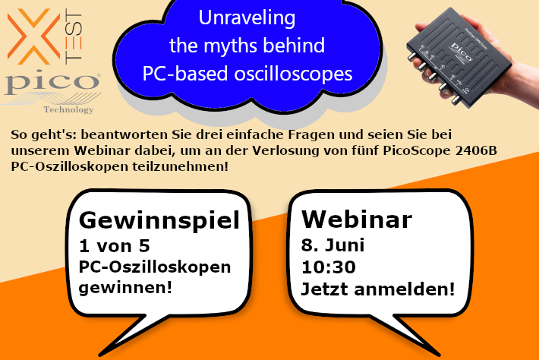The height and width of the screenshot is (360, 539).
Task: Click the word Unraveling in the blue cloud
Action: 247,18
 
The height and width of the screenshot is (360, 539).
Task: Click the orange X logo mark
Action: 33,36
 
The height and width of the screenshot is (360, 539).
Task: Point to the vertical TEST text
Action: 74,36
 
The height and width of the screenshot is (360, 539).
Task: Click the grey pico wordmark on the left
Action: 52,82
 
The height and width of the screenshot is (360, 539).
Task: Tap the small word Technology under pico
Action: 68,109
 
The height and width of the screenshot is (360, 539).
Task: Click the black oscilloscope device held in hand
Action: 459,58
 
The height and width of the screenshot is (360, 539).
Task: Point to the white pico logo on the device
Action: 462,52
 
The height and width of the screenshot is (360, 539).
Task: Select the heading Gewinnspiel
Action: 159,219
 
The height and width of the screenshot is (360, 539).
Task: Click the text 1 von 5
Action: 114,246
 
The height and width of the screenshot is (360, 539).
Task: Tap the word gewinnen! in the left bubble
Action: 125,287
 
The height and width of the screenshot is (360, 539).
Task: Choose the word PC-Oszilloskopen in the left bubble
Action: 155,267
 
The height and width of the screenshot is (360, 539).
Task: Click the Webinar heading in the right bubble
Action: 357,219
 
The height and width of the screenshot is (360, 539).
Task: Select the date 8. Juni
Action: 333,245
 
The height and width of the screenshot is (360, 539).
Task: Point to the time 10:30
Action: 328,267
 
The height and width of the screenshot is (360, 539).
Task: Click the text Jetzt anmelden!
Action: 378,289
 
